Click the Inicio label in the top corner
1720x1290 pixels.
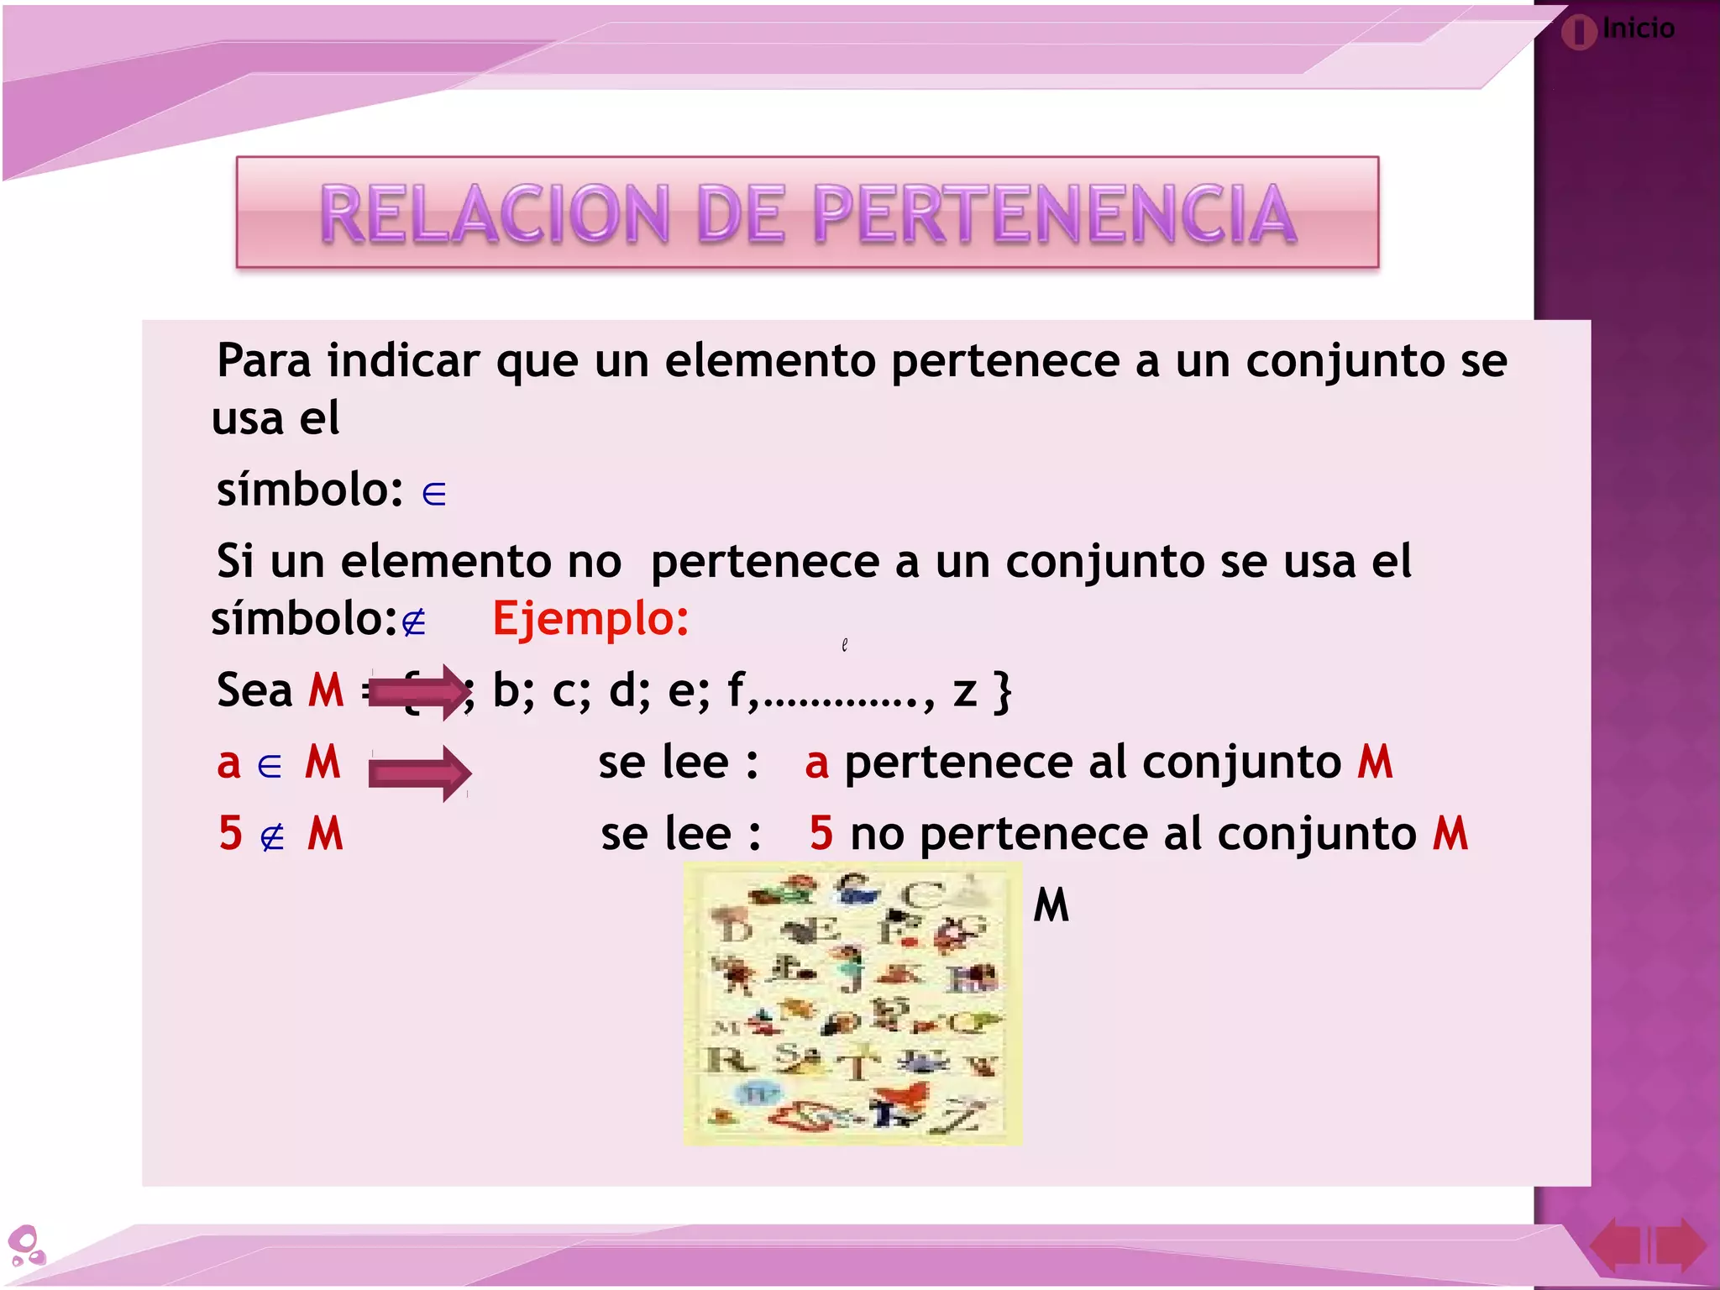click(x=1638, y=29)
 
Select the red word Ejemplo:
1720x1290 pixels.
click(x=590, y=619)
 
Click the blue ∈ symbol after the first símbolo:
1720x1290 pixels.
click(x=433, y=494)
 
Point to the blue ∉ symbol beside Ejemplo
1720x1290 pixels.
click(x=413, y=623)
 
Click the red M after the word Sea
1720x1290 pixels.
click(x=326, y=690)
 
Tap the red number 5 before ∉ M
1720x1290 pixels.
click(x=230, y=834)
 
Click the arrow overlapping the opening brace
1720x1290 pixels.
click(x=418, y=692)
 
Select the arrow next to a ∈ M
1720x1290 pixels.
click(x=418, y=773)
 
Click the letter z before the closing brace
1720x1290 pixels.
click(x=965, y=692)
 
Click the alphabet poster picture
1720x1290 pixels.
click(x=852, y=1004)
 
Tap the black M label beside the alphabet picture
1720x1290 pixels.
click(x=1051, y=905)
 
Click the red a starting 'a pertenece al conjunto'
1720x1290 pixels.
click(x=816, y=763)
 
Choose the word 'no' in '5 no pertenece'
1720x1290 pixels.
click(x=877, y=834)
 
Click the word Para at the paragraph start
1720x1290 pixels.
click(x=264, y=361)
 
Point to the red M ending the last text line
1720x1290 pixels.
click(x=1450, y=834)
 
